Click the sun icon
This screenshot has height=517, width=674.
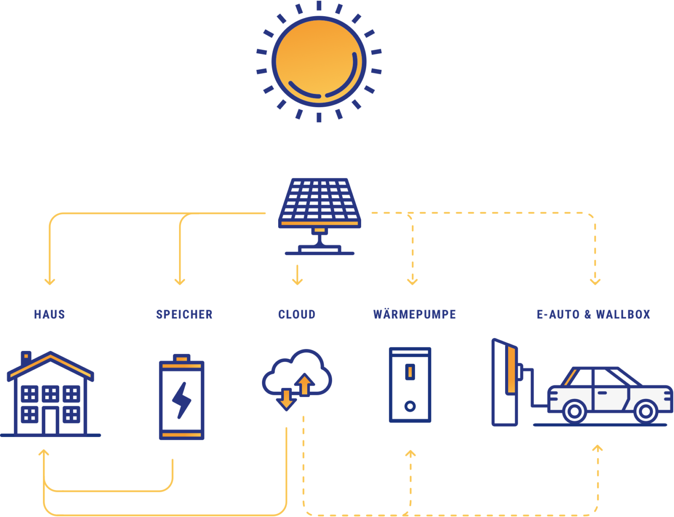click(x=319, y=61)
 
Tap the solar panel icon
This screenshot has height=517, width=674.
click(x=319, y=204)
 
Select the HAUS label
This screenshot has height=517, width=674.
click(x=50, y=314)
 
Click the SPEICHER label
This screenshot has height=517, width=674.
click(x=184, y=314)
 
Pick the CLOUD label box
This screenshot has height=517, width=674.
click(x=297, y=314)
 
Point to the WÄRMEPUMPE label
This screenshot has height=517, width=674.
click(x=415, y=314)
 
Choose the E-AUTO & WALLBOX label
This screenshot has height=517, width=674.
click(x=594, y=314)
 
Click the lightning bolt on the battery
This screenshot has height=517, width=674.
click(x=181, y=400)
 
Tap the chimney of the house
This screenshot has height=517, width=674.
click(x=26, y=357)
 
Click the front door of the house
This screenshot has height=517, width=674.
click(x=50, y=420)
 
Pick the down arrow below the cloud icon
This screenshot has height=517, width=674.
click(x=286, y=399)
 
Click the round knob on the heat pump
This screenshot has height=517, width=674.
click(x=410, y=406)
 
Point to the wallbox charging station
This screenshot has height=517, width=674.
click(x=505, y=382)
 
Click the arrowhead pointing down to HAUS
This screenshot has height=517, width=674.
click(x=50, y=281)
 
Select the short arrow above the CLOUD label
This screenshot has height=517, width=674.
click(x=297, y=275)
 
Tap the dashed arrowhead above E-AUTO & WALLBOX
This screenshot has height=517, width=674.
click(x=595, y=281)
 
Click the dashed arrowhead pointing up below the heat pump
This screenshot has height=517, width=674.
click(x=410, y=454)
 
